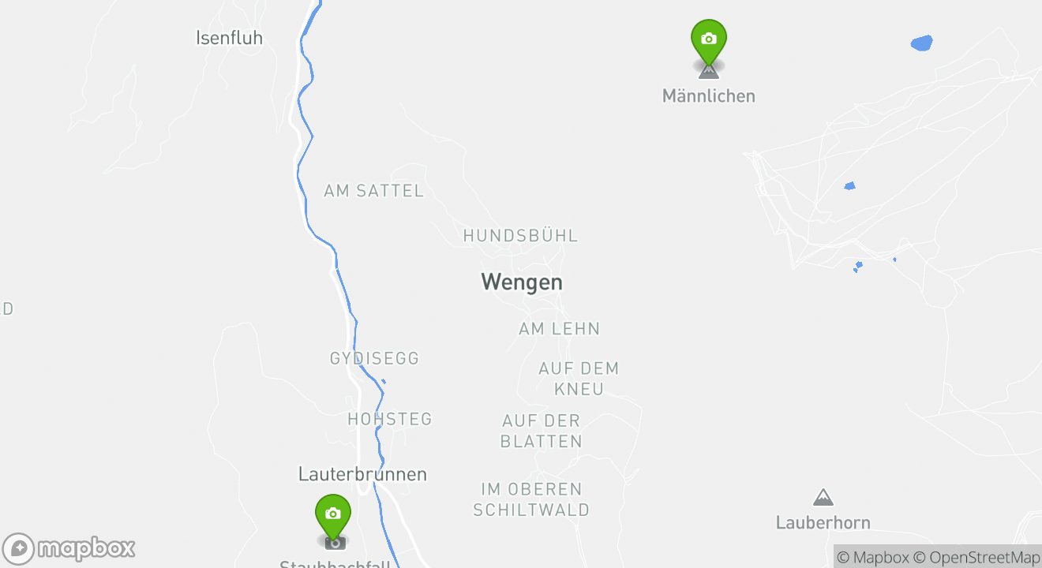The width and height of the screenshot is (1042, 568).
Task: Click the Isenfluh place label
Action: pyautogui.click(x=229, y=38)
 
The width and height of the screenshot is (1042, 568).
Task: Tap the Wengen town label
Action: pyautogui.click(x=522, y=282)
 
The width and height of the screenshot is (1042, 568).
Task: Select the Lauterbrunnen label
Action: pyautogui.click(x=362, y=474)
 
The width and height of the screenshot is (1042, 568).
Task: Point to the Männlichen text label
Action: pyautogui.click(x=708, y=96)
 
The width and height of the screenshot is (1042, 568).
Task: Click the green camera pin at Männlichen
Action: pyautogui.click(x=708, y=39)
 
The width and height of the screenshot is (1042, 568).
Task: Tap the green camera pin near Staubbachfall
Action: pyautogui.click(x=332, y=514)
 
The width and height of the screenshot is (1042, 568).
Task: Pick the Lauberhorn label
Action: pyautogui.click(x=823, y=522)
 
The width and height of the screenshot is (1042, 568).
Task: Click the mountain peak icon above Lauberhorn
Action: pyautogui.click(x=823, y=497)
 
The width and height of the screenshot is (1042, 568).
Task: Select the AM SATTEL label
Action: pyautogui.click(x=373, y=191)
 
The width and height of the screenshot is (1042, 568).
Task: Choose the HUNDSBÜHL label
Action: pyautogui.click(x=520, y=236)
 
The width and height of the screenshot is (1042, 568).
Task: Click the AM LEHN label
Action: pyautogui.click(x=559, y=329)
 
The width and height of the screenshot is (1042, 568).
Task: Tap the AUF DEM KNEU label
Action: pyautogui.click(x=579, y=379)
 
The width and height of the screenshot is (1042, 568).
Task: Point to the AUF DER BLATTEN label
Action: pyautogui.click(x=542, y=431)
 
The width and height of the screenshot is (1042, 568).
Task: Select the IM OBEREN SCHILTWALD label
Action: pyautogui.click(x=531, y=499)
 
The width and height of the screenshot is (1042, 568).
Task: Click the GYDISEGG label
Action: pyautogui.click(x=374, y=359)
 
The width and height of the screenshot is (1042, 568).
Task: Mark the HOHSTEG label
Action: pyautogui.click(x=390, y=419)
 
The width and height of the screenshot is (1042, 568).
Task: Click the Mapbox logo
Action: pyautogui.click(x=69, y=548)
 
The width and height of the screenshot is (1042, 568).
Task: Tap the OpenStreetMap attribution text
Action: pyautogui.click(x=977, y=557)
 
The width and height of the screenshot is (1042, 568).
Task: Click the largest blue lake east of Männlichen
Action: pyautogui.click(x=921, y=43)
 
